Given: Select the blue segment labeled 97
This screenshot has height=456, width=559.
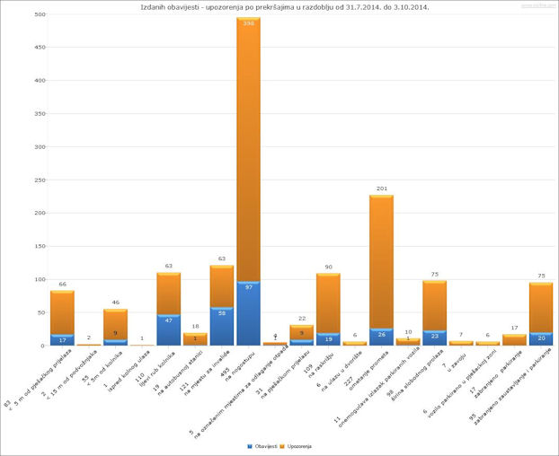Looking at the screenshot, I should (x=248, y=313).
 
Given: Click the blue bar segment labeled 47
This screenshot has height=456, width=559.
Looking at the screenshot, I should (x=168, y=329).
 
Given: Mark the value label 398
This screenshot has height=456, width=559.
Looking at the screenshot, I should (x=248, y=23).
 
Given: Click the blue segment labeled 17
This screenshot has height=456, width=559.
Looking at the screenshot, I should (x=62, y=339).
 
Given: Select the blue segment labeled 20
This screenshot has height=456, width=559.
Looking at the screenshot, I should (x=540, y=338).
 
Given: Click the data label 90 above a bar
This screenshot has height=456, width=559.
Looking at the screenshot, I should (x=328, y=267).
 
